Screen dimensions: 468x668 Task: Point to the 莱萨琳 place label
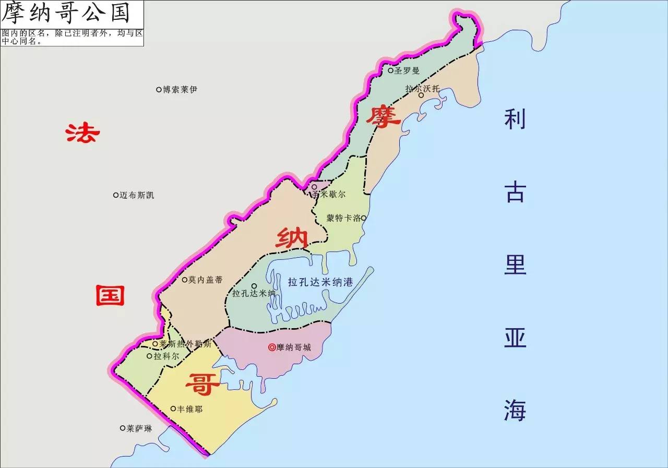pos(139,428)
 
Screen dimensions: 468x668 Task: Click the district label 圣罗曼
pos(407,70)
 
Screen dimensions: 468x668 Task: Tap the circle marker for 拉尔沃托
pos(421,95)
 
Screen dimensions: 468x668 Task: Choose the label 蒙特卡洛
pos(343,218)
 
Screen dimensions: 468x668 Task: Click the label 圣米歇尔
pos(328,194)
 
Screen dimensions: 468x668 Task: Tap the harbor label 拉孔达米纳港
pos(320,282)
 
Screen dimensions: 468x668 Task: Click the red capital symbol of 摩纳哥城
pos(271,347)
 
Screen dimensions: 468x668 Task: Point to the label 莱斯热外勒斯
pos(185,344)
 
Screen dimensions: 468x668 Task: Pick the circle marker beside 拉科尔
pos(149,356)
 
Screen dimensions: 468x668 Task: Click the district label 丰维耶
pos(190,409)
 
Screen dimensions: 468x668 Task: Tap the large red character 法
pos(82,133)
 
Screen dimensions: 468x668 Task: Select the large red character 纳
pos(292,239)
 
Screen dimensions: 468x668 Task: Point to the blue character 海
pos(515,410)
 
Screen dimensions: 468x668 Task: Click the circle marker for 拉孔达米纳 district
pos(254,286)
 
